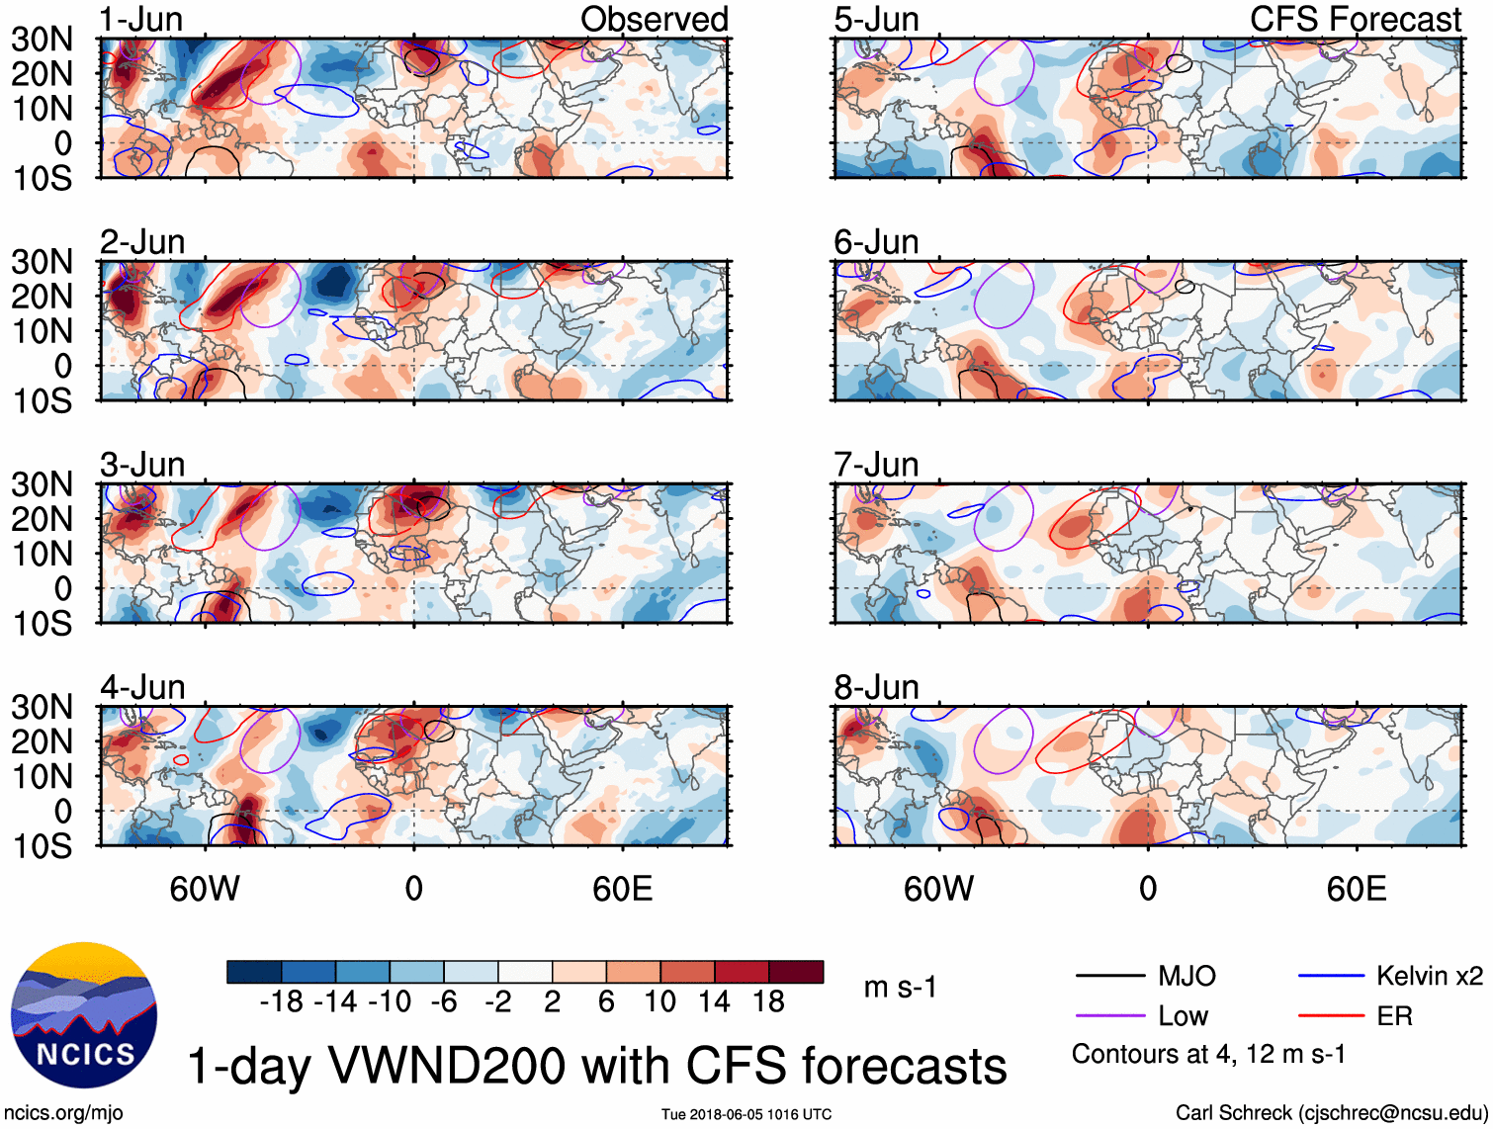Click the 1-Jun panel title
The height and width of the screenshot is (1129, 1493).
click(x=140, y=20)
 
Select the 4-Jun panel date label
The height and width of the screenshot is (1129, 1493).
click(x=142, y=687)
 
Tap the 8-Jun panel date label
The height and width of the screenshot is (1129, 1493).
click(x=876, y=687)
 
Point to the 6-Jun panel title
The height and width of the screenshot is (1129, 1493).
click(x=876, y=242)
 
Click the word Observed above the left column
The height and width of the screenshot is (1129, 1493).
click(x=654, y=20)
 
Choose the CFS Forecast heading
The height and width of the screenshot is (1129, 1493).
click(x=1355, y=20)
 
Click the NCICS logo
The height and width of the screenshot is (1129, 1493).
click(x=84, y=1015)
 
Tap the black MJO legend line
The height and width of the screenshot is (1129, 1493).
click(x=1109, y=977)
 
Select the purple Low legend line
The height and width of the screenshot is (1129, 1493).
click(x=1109, y=1016)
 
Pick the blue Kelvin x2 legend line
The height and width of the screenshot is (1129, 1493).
click(x=1331, y=977)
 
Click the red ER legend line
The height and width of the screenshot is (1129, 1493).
click(x=1331, y=1016)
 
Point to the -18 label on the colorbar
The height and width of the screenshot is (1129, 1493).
click(x=282, y=1002)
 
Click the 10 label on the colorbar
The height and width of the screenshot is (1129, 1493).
click(x=659, y=1002)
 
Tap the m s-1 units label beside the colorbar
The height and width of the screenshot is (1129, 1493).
click(x=900, y=988)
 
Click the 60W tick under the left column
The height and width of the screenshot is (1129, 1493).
click(x=205, y=889)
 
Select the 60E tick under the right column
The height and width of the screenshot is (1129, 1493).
click(x=1356, y=889)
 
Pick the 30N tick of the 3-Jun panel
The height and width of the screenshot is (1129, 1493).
click(x=42, y=484)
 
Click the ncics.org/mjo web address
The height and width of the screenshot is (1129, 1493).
click(x=64, y=1113)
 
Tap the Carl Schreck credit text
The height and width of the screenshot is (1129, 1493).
click(x=1331, y=1113)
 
